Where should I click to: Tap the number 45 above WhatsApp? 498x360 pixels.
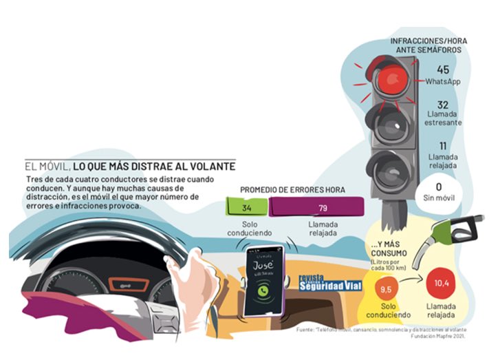point(442,70)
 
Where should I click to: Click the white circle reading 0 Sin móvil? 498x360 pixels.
point(438,192)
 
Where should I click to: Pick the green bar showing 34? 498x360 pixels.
point(246,207)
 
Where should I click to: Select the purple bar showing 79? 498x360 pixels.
point(322,207)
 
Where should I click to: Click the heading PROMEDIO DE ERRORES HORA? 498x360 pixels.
point(292,189)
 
